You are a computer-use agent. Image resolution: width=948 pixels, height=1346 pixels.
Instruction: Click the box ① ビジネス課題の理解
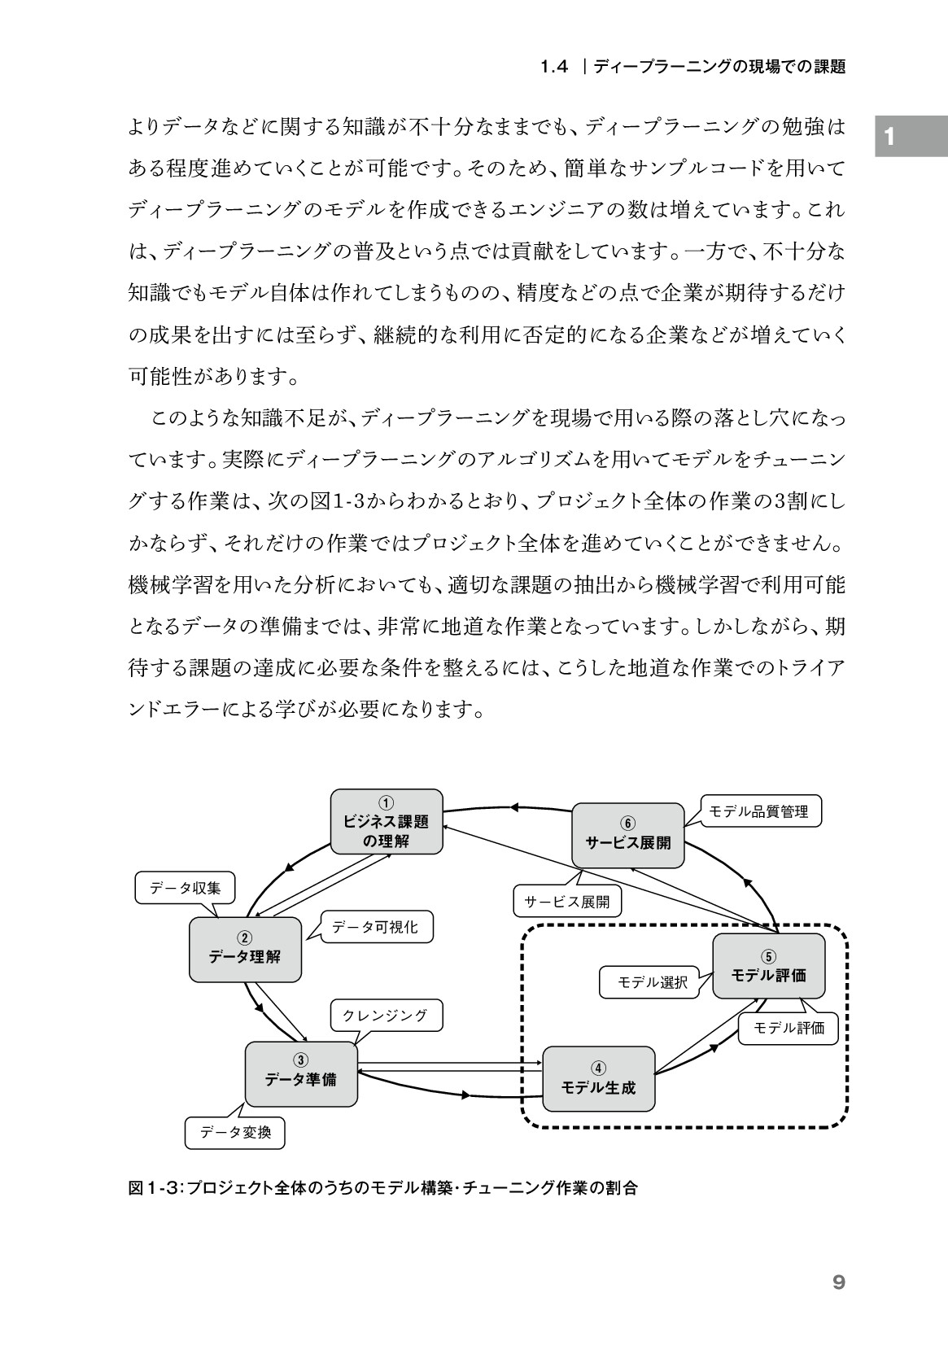point(387,821)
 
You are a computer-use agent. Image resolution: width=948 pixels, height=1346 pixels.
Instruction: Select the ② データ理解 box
point(245,950)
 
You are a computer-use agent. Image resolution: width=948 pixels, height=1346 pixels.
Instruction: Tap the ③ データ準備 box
point(301,1074)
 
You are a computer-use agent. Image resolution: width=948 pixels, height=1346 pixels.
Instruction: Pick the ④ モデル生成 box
point(598,1079)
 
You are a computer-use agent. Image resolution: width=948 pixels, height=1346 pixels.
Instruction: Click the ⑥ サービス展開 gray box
point(627,835)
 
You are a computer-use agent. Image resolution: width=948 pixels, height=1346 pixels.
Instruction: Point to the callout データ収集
point(185,888)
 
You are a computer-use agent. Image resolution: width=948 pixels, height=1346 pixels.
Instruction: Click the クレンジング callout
point(387,1015)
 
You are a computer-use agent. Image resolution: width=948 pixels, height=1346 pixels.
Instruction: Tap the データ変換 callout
point(235,1133)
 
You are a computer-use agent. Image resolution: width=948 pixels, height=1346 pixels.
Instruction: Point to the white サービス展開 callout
point(567,902)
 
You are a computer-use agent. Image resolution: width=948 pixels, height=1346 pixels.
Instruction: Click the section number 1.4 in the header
point(554,67)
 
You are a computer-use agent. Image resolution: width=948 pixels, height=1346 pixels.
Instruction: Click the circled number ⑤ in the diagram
point(768,956)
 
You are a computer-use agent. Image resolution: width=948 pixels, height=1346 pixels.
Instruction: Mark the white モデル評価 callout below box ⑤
point(789,1028)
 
